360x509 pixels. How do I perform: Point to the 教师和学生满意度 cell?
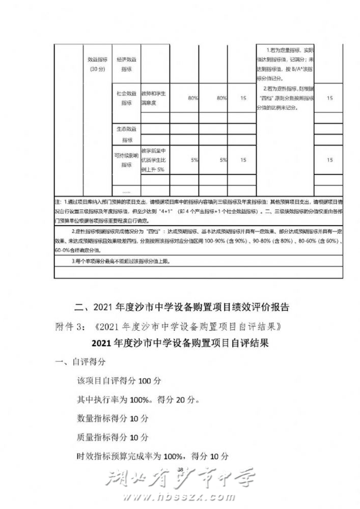(x=155, y=98)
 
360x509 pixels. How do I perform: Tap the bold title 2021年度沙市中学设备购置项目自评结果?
(x=180, y=343)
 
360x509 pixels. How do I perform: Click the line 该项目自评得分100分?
(x=119, y=381)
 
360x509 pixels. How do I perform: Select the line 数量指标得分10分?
(x=113, y=418)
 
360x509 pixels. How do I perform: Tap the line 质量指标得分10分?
(x=113, y=437)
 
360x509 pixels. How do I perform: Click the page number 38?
(x=179, y=469)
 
